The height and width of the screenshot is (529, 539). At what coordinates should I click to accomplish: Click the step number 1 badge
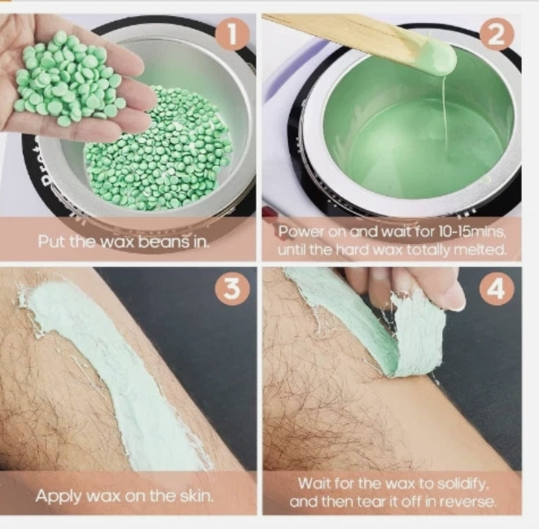(x=232, y=34)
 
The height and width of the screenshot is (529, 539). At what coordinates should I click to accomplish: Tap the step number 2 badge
(x=497, y=34)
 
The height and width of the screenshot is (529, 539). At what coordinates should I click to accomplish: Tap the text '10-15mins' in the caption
(x=471, y=232)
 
